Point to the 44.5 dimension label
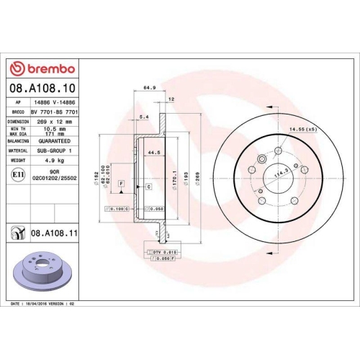click(x=153, y=153)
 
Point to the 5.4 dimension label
click(x=143, y=116)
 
